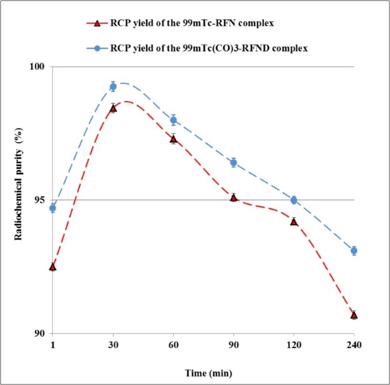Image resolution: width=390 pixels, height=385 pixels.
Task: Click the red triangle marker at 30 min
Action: click(x=113, y=108)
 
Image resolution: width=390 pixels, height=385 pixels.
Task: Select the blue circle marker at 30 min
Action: click(x=113, y=86)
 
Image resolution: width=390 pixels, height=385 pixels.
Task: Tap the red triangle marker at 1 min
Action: click(x=53, y=267)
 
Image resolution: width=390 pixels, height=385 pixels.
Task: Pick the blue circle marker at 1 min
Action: click(x=53, y=208)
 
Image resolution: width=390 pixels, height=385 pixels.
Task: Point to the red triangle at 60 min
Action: click(x=173, y=139)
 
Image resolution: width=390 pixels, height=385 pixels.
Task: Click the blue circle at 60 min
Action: click(x=173, y=120)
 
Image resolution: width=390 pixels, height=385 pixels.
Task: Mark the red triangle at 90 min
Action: click(x=233, y=197)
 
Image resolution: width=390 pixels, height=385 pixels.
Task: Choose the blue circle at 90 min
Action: click(x=234, y=162)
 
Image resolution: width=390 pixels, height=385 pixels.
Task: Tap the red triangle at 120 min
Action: click(x=293, y=221)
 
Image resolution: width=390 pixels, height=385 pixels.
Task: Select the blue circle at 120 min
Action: click(x=293, y=200)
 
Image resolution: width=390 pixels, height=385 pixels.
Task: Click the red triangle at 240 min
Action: click(x=354, y=315)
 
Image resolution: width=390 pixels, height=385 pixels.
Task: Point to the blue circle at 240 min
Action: click(x=354, y=251)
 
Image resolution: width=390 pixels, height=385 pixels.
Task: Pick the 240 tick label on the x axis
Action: click(x=354, y=345)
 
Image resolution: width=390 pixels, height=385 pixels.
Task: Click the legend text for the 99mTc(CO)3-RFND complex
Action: click(x=208, y=49)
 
